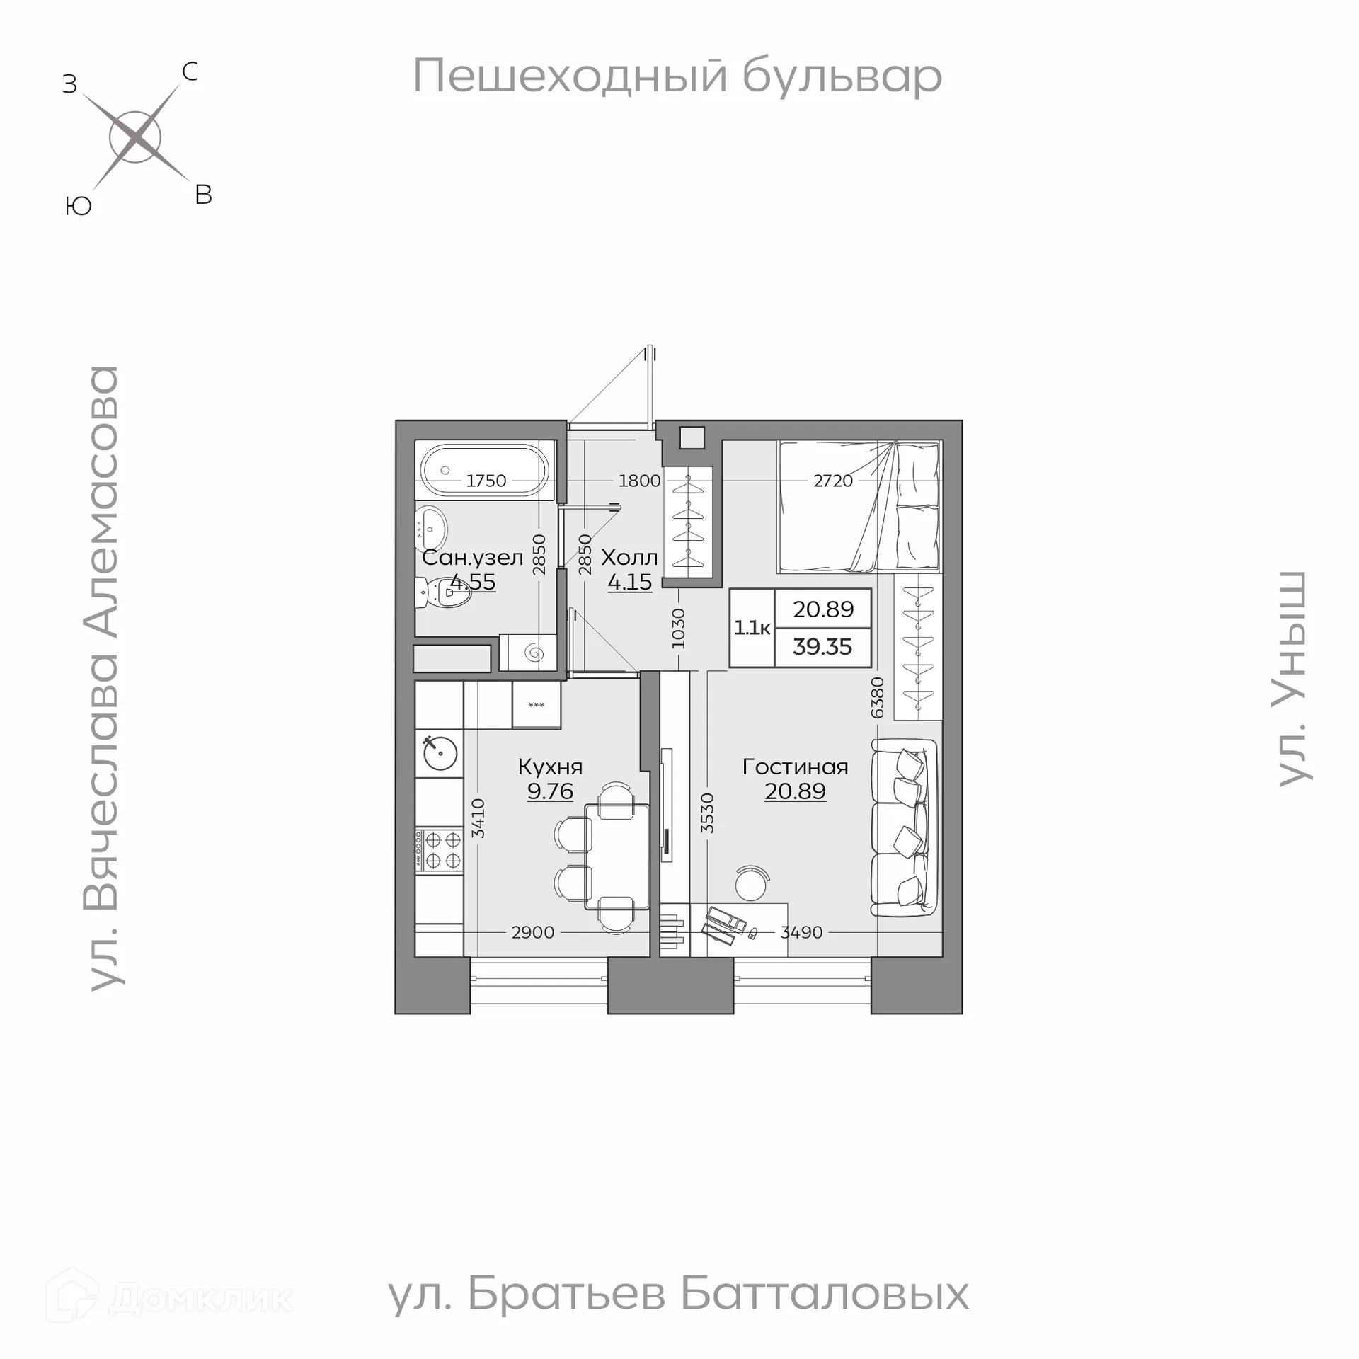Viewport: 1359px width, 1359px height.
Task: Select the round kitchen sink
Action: [440, 754]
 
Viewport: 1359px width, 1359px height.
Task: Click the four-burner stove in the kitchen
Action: [439, 850]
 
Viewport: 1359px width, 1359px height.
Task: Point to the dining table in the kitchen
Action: [617, 856]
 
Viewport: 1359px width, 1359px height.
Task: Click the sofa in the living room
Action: [905, 827]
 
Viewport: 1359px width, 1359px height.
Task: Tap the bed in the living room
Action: [859, 507]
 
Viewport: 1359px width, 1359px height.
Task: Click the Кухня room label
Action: [550, 767]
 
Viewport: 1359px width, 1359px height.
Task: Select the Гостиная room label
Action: [795, 767]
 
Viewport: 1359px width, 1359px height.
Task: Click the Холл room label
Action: [629, 558]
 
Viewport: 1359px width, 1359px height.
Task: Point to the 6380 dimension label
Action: [877, 697]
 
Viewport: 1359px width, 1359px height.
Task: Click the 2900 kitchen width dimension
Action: [532, 932]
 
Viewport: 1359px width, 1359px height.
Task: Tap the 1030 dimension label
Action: [678, 629]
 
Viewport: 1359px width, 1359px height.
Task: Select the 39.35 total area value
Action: [822, 647]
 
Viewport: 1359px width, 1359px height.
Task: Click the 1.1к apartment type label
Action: [752, 628]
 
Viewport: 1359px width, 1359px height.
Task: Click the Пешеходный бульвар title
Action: [677, 76]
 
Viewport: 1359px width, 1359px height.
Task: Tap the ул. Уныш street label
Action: [1292, 678]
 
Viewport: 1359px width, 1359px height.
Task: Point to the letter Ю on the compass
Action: [79, 207]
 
